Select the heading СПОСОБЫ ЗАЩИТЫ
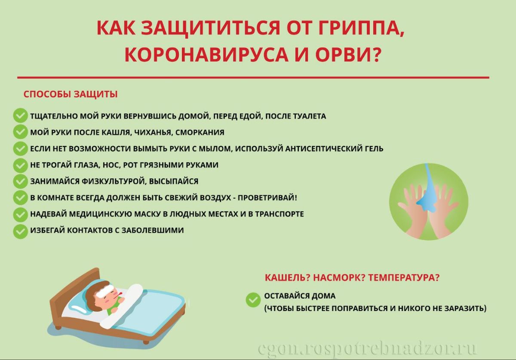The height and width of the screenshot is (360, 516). coord(71,94)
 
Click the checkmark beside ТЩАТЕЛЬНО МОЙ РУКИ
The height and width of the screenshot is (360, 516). coord(20,115)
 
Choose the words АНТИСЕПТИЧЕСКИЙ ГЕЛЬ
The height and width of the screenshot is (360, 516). coord(334,149)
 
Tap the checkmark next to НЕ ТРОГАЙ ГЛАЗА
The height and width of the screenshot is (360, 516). coord(20,165)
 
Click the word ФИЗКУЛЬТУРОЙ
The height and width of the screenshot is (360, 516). coord(114,182)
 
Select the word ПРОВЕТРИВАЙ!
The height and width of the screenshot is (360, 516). coord(267,198)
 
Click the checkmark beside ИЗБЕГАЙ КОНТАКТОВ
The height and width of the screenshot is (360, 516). coord(20,231)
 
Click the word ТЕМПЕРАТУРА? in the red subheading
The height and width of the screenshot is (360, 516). coord(404,278)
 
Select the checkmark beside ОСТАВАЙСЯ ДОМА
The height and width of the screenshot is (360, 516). coord(253,300)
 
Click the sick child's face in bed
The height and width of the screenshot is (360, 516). coord(110,295)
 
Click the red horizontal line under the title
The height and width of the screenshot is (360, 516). coord(253,78)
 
